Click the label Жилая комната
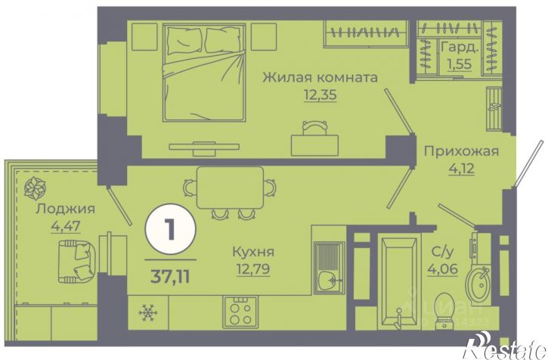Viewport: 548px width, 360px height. (x=320, y=77)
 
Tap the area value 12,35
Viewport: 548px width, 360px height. (x=320, y=96)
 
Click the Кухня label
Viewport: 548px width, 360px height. (x=254, y=253)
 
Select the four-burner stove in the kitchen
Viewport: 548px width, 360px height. (x=241, y=311)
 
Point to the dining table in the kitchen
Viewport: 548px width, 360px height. (x=231, y=186)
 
